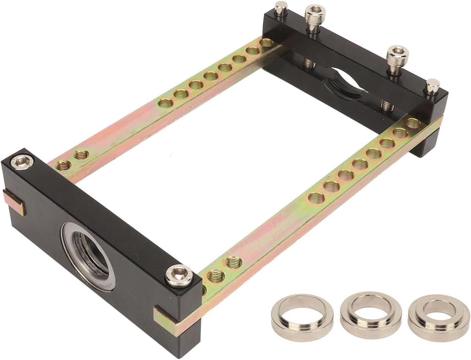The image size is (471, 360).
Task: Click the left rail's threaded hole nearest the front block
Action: click(63, 166)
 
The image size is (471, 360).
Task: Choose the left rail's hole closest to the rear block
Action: click(266, 43)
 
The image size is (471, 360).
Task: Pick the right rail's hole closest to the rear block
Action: click(412, 123)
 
